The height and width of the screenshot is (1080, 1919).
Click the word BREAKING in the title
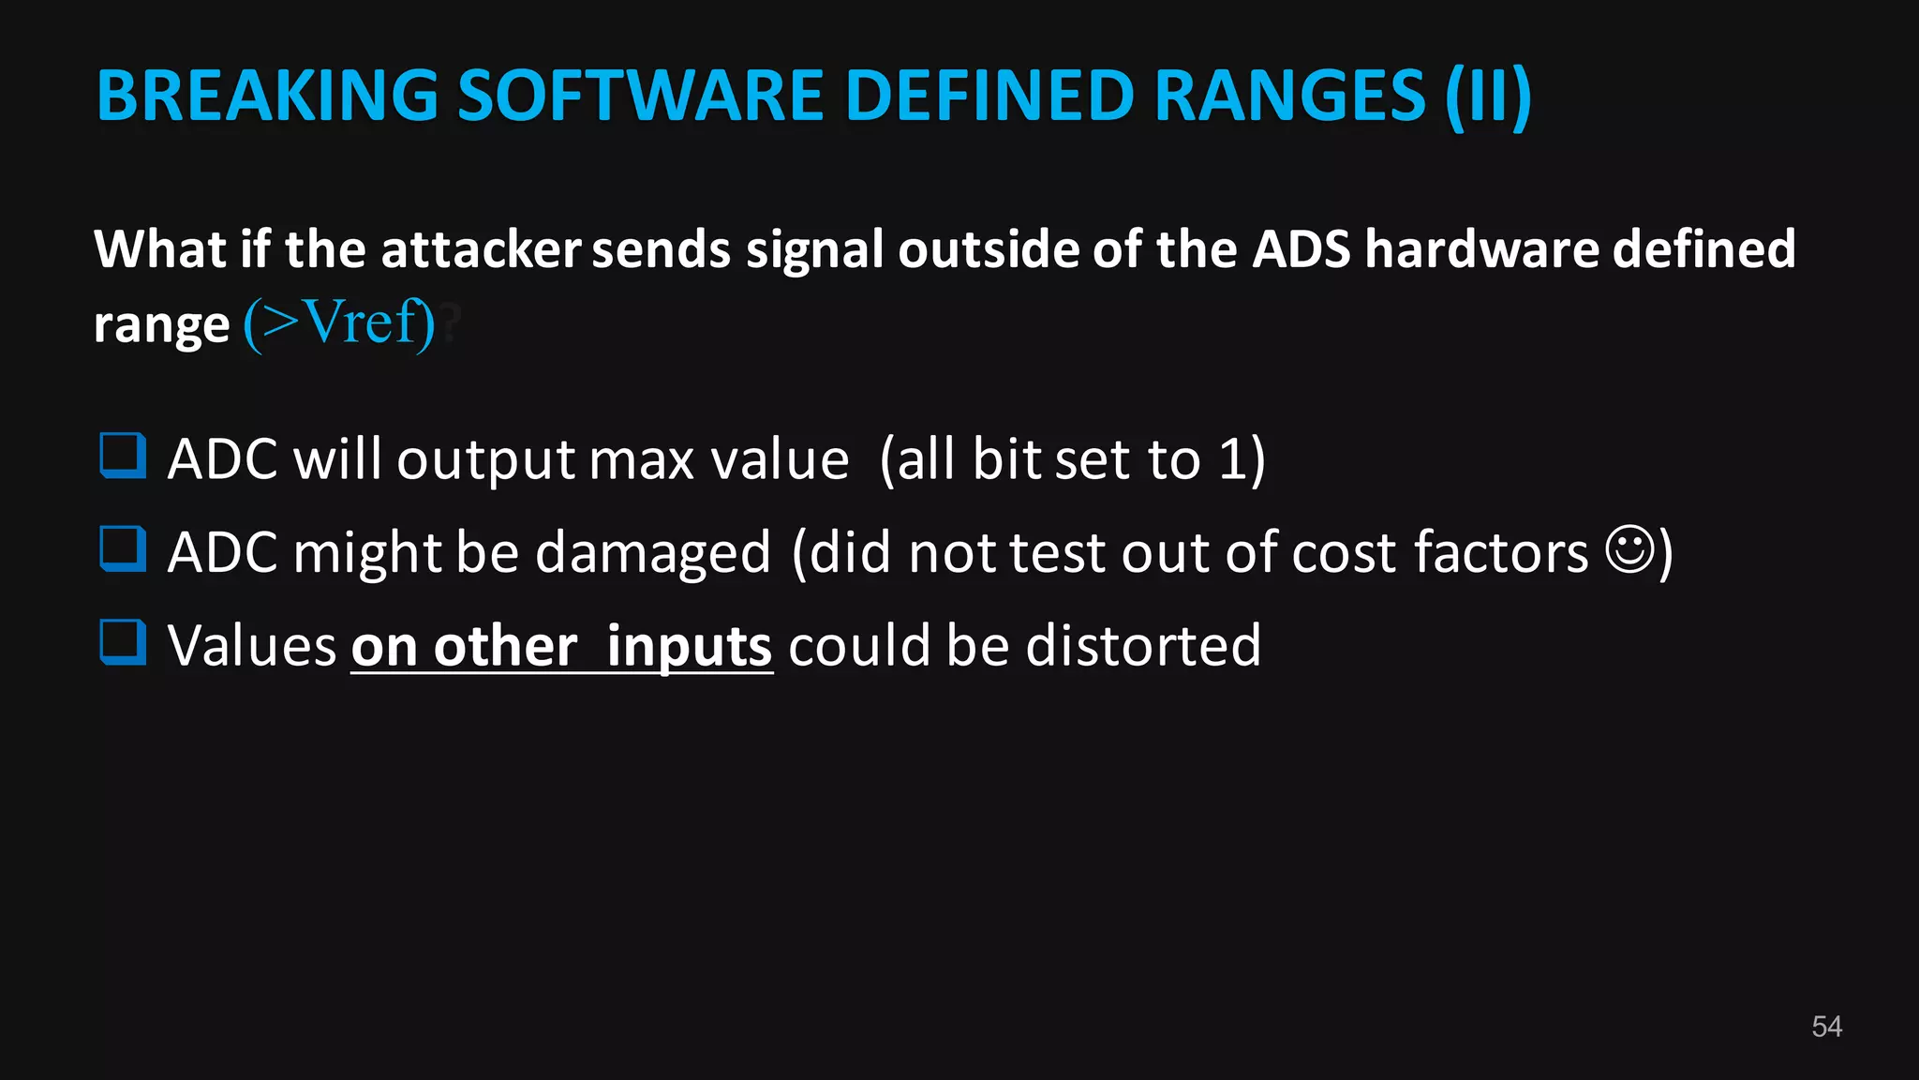267,96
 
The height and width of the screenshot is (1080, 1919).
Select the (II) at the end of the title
1488,96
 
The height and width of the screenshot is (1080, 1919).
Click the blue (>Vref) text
339,323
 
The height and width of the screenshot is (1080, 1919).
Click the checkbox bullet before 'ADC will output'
123,456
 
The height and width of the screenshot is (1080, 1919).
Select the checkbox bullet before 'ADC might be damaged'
123,549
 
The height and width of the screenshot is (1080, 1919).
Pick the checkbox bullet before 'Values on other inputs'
123,642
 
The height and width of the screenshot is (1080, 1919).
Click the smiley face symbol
1630,549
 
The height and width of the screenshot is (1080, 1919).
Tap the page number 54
1826,1027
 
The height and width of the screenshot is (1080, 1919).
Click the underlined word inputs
689,647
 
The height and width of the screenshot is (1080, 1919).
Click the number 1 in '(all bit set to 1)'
1231,459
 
